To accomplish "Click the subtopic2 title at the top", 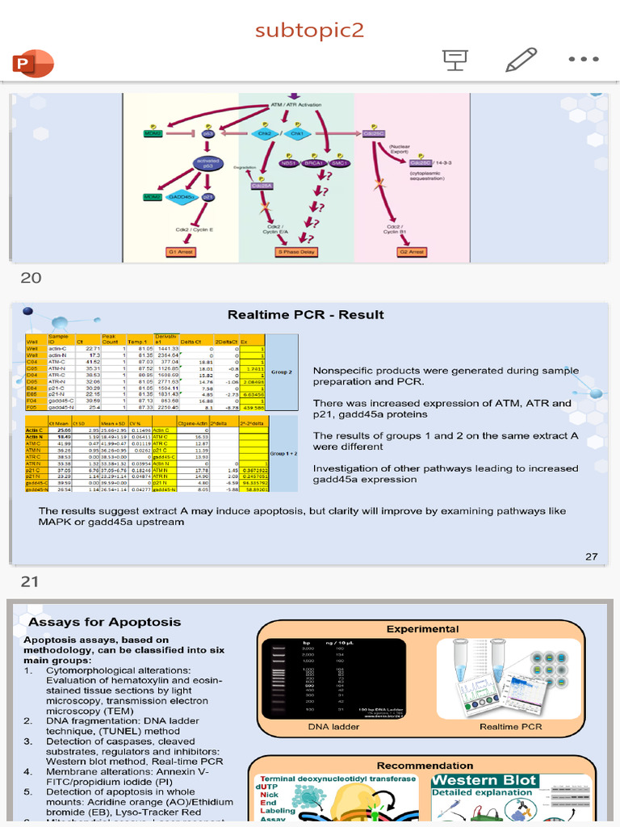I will [309, 31].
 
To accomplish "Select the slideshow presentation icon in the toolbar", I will [455, 59].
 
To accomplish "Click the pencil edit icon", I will [521, 59].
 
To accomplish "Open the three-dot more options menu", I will [584, 59].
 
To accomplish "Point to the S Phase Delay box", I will [296, 252].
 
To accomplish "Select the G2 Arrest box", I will [412, 252].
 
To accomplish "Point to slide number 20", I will [31, 278].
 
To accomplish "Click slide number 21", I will [31, 581].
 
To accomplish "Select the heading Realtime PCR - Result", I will [305, 315].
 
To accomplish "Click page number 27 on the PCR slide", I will [591, 556].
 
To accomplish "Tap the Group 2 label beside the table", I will [282, 372].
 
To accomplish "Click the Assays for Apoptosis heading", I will [105, 622].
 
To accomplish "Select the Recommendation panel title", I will [425, 765].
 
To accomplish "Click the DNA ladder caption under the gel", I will [333, 727].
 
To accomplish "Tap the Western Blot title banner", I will [484, 780].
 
